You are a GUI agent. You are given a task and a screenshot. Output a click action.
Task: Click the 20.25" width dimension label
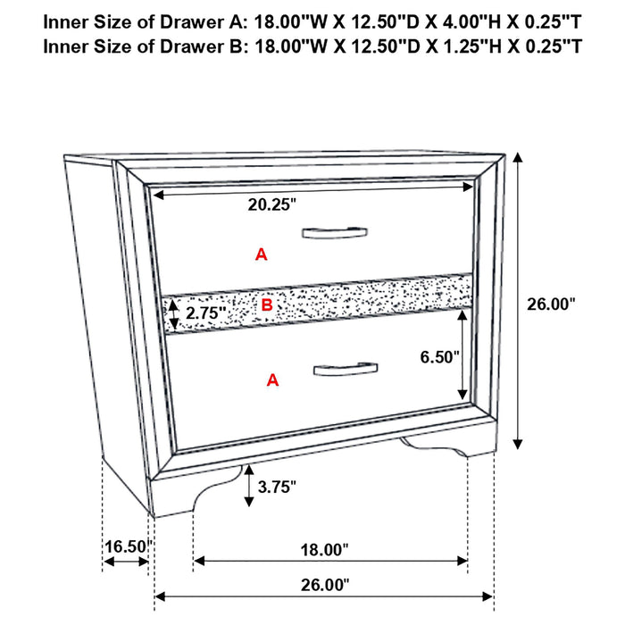[x=272, y=204]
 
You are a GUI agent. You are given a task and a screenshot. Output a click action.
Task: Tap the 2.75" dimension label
[x=206, y=313]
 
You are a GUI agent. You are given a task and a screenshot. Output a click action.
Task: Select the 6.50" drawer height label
[x=440, y=357]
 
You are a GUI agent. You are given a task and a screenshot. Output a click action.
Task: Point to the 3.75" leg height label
[x=276, y=487]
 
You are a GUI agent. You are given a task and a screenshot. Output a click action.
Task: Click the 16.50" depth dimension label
[x=125, y=546]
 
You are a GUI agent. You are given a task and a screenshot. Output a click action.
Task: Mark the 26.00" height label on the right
[x=551, y=304]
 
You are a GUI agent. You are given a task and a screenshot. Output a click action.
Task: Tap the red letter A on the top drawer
[x=261, y=255]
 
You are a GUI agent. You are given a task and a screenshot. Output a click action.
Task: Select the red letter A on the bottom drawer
[x=273, y=380]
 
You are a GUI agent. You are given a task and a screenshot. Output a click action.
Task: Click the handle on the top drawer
[x=333, y=234]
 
